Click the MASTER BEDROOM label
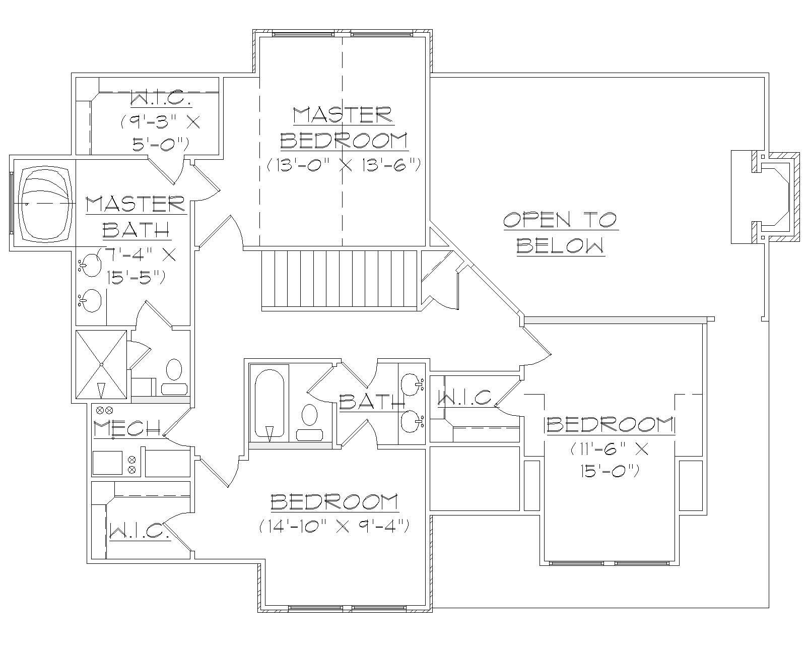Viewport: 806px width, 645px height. tap(344, 127)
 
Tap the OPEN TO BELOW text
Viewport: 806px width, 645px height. tap(560, 233)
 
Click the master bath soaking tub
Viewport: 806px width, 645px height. tap(43, 204)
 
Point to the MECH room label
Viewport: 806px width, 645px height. tap(127, 428)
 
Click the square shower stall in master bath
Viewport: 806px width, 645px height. tap(101, 365)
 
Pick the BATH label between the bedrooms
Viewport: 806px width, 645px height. tap(372, 402)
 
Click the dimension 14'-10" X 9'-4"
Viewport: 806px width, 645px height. tap(333, 527)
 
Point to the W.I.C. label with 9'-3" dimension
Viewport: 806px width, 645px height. tap(161, 98)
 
